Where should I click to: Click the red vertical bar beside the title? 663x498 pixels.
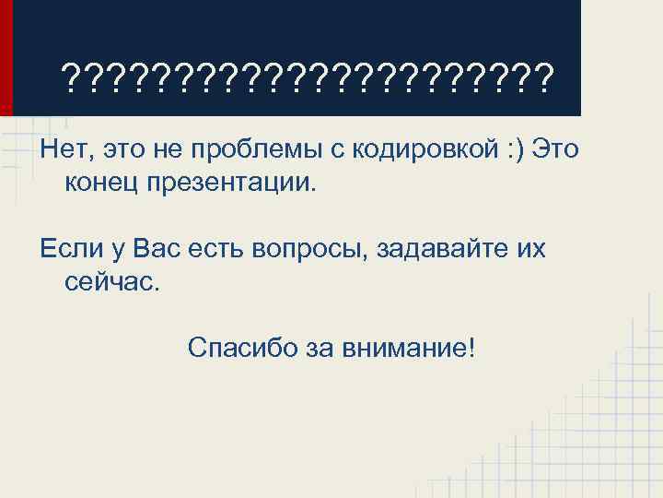(6, 57)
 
